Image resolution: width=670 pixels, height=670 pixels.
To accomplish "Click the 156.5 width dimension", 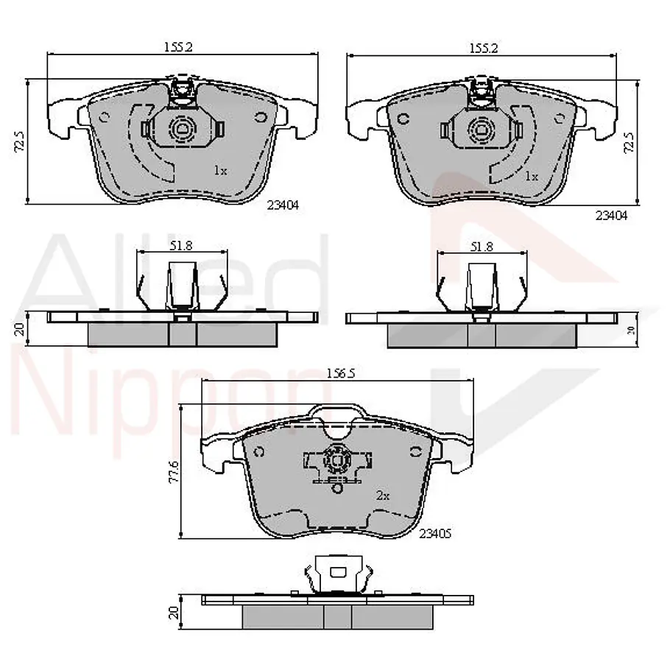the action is pyautogui.click(x=341, y=373).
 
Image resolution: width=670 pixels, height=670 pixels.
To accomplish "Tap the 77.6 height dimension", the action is pyautogui.click(x=174, y=472).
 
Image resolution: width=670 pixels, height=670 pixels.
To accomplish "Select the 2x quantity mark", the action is pyautogui.click(x=383, y=496).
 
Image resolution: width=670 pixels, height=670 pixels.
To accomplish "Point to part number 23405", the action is pyautogui.click(x=435, y=534).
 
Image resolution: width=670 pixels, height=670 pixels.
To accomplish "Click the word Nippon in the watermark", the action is pyautogui.click(x=171, y=406).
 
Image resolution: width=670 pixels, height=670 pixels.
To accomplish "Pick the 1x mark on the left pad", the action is pyautogui.click(x=220, y=171).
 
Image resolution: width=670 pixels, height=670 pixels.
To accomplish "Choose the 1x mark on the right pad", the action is pyautogui.click(x=531, y=176).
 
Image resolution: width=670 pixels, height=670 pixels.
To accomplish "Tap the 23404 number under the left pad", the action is pyautogui.click(x=283, y=205).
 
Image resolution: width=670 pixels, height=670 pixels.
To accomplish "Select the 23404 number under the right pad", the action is pyautogui.click(x=611, y=216).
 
